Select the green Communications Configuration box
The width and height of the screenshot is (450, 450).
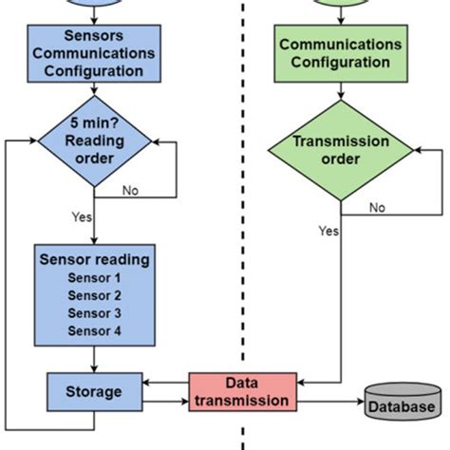[341, 53]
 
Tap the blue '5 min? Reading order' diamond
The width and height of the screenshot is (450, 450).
[93, 143]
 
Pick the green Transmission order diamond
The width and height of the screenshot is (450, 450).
[341, 150]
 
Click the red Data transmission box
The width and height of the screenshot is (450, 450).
[242, 392]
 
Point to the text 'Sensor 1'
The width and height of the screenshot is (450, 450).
[94, 277]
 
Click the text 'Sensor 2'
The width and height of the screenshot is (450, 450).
[94, 294]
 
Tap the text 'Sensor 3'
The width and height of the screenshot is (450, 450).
[94, 312]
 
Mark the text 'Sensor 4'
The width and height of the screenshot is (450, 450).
[94, 330]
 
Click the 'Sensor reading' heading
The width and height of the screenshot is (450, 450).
[94, 258]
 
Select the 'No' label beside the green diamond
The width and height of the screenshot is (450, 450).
[377, 207]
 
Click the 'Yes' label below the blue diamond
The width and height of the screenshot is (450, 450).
[81, 216]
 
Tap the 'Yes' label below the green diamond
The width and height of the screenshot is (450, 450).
[328, 230]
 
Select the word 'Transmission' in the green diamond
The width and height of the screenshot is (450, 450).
[341, 141]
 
